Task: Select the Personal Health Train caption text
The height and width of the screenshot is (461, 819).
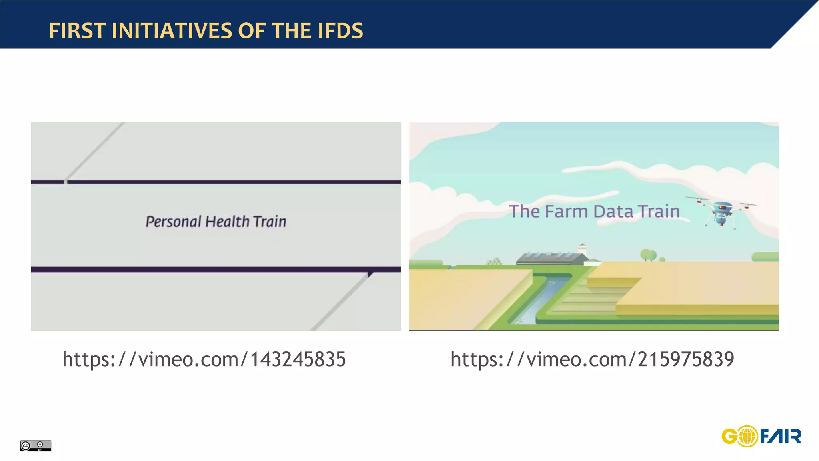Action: click(216, 222)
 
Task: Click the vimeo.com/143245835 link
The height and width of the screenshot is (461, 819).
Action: click(204, 359)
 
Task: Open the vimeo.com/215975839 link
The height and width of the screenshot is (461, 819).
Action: click(592, 359)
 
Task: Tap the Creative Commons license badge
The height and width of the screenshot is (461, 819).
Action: click(36, 445)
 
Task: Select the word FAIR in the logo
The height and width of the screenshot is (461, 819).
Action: click(780, 436)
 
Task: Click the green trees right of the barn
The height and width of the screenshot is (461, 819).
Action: click(648, 255)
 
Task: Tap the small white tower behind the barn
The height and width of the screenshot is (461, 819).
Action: click(582, 249)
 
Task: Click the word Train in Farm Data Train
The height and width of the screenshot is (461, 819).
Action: click(658, 211)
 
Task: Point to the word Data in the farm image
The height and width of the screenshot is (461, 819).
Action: click(613, 211)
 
